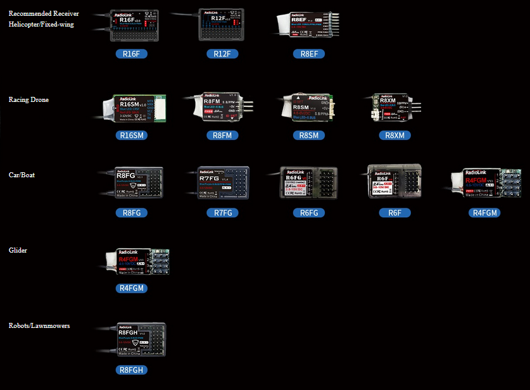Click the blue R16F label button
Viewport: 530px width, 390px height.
tap(132, 54)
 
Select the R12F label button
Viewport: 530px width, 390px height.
tap(222, 54)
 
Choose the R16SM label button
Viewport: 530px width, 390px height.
tap(132, 135)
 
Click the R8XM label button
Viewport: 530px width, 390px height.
tap(395, 135)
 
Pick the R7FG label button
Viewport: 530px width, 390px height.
tap(222, 213)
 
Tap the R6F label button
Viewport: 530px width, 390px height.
tap(395, 213)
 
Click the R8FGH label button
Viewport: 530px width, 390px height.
tap(132, 370)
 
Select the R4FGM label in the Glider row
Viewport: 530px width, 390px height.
tap(132, 288)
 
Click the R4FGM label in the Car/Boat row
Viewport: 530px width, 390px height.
tap(486, 213)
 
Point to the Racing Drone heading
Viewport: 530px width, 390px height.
tap(28, 100)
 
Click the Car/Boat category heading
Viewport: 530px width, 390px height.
tap(23, 175)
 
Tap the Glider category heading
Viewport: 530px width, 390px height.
tap(18, 251)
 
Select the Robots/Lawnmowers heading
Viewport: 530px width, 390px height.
tap(39, 326)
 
